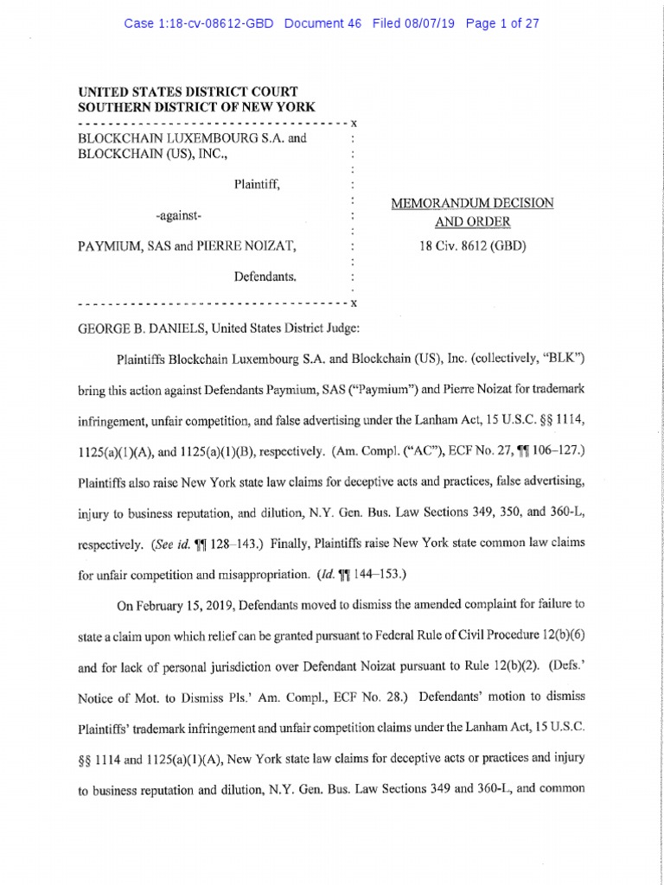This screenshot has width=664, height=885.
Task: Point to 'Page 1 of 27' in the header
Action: pos(502,23)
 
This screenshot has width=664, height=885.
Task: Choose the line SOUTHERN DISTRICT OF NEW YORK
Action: pos(196,107)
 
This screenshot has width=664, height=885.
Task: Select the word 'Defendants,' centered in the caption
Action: pos(265,277)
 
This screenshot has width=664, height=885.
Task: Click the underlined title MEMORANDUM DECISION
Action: pos(473,203)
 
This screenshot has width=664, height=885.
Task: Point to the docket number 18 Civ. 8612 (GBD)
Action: pos(472,245)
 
